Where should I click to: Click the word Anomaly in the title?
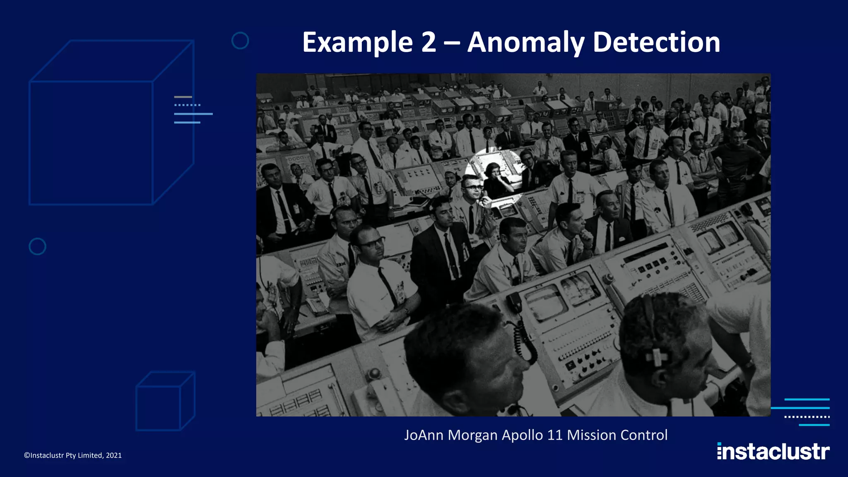click(525, 43)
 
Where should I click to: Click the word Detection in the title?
click(656, 42)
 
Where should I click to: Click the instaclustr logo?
click(773, 451)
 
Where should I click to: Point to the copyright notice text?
click(73, 455)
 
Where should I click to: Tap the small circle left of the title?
click(240, 41)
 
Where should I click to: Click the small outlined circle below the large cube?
click(37, 246)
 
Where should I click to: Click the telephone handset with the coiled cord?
click(514, 303)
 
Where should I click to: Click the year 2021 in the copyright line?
click(114, 455)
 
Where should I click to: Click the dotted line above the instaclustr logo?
click(807, 417)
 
